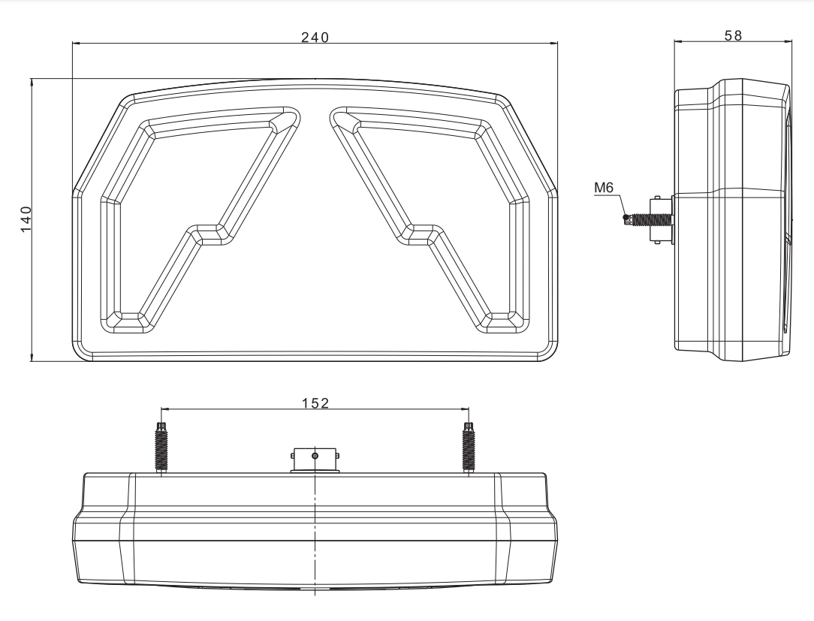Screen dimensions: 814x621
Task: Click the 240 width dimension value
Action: pyautogui.click(x=315, y=38)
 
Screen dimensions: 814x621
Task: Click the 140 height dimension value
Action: pyautogui.click(x=26, y=219)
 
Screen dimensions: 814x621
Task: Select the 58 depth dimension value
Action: pyautogui.click(x=733, y=35)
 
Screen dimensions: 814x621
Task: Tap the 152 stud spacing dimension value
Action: pyautogui.click(x=315, y=403)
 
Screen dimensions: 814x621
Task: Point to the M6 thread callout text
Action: pyautogui.click(x=604, y=188)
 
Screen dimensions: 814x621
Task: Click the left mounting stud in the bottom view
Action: pyautogui.click(x=161, y=447)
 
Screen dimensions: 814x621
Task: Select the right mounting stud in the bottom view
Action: pyautogui.click(x=469, y=447)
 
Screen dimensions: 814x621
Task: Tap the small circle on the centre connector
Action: pyautogui.click(x=315, y=456)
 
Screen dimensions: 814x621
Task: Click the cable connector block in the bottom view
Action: pyautogui.click(x=315, y=460)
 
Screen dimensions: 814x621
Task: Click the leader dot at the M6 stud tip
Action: pyautogui.click(x=625, y=216)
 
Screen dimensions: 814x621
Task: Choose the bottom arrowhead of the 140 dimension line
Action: pyautogui.click(x=32, y=357)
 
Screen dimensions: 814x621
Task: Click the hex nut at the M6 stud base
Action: pyautogui.click(x=662, y=220)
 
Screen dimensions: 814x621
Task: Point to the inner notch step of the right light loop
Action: pyautogui.click(x=421, y=235)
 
